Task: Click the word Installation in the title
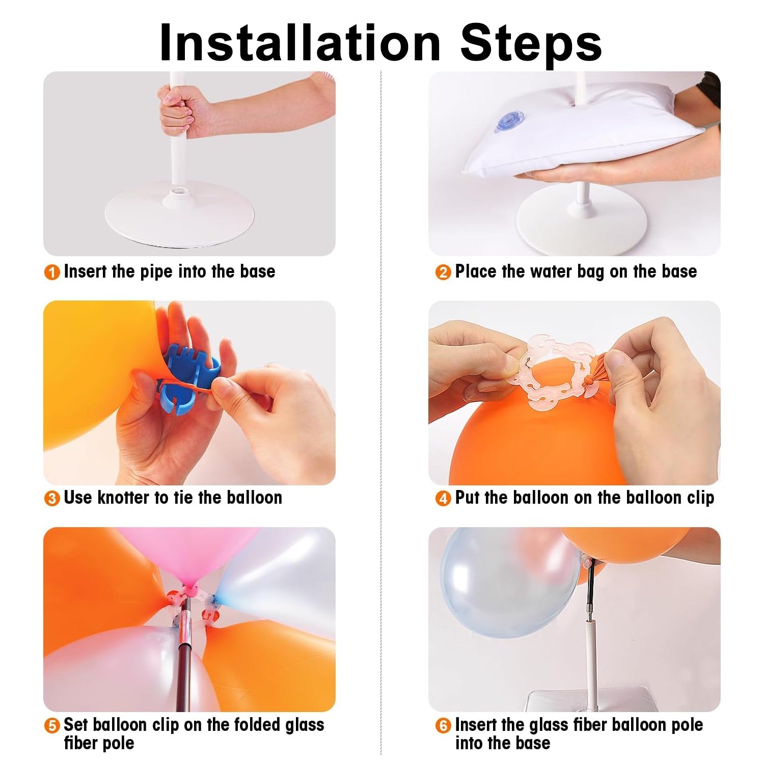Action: pyautogui.click(x=300, y=43)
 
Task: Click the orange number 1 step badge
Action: pyautogui.click(x=52, y=272)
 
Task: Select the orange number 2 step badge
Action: pyautogui.click(x=443, y=272)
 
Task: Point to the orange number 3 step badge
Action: pyautogui.click(x=52, y=499)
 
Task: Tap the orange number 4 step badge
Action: pyautogui.click(x=443, y=499)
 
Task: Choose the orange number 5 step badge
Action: pyautogui.click(x=52, y=725)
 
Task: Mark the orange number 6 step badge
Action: pyautogui.click(x=443, y=725)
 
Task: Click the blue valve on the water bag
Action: pyautogui.click(x=507, y=122)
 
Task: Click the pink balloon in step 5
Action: pyautogui.click(x=204, y=555)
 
